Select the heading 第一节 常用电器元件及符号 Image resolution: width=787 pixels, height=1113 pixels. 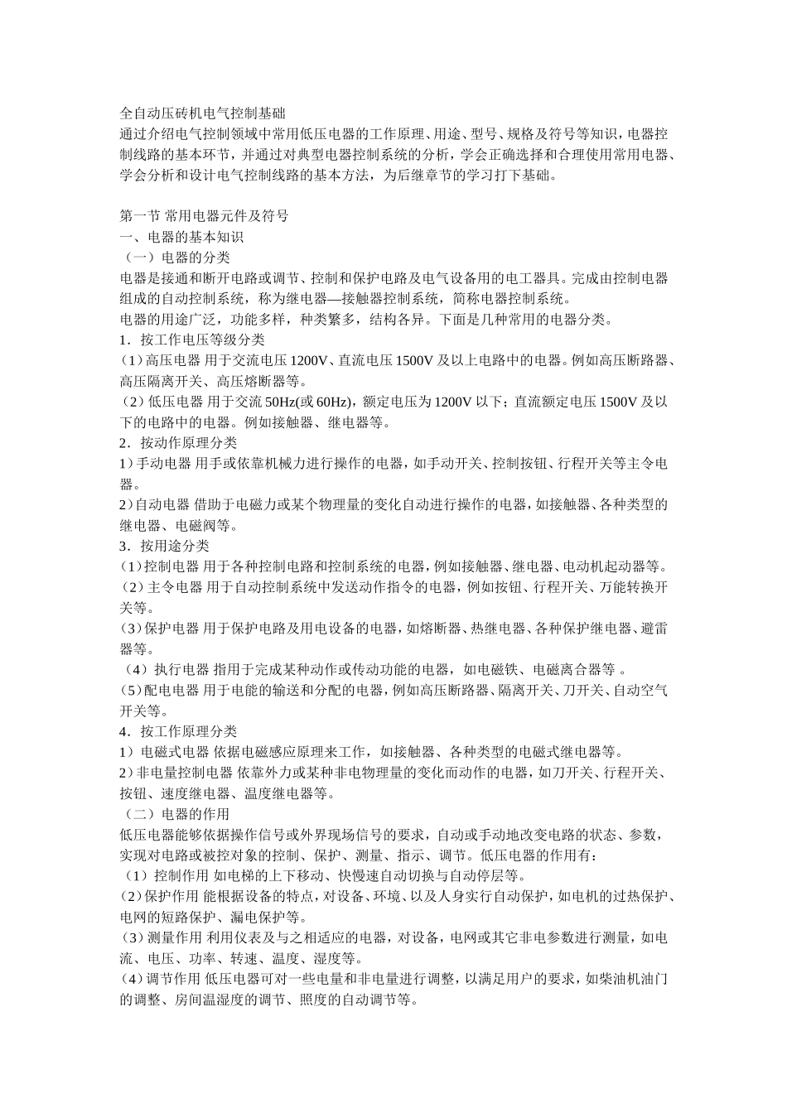point(204,216)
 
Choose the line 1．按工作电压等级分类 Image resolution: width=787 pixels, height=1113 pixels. point(192,340)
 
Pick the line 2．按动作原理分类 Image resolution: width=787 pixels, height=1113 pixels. point(178,443)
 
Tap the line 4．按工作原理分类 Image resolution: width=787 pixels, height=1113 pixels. point(178,731)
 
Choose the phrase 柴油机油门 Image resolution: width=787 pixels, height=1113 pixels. point(630,979)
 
